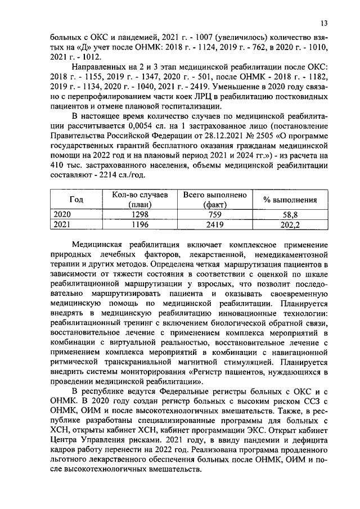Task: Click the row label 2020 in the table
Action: pos(62,215)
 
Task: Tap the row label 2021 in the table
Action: pos(62,225)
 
